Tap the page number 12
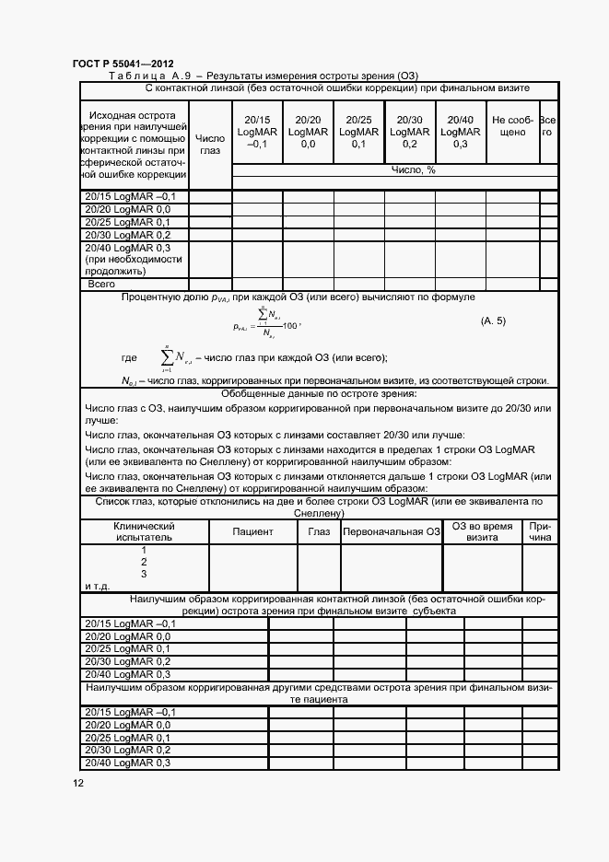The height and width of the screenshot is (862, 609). point(78,783)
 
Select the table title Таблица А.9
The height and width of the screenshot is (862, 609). point(155,76)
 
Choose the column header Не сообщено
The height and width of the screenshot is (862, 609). point(512,126)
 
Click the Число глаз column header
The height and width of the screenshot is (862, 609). point(210,144)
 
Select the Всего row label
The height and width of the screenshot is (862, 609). point(100,285)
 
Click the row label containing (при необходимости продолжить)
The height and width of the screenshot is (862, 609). point(135,260)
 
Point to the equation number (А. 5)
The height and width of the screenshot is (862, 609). point(494,320)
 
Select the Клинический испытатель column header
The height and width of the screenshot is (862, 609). point(144,532)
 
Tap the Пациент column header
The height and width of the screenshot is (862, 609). point(252,532)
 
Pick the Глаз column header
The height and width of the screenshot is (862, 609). point(319,532)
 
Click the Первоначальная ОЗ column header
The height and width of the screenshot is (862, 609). point(392,532)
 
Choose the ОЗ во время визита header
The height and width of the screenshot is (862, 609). point(482,532)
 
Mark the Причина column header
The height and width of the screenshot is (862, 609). point(540,532)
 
